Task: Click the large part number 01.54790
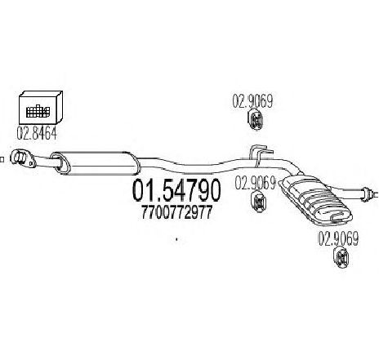pyautogui.click(x=176, y=190)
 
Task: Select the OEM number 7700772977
pyautogui.click(x=176, y=212)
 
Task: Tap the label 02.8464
pyautogui.click(x=37, y=133)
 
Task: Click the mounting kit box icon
pyautogui.click(x=41, y=108)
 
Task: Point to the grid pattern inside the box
pyautogui.click(x=38, y=111)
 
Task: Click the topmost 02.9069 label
pyautogui.click(x=252, y=101)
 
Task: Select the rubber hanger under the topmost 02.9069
pyautogui.click(x=256, y=119)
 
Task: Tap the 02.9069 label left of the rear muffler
pyautogui.click(x=256, y=183)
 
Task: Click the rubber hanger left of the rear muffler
pyautogui.click(x=259, y=202)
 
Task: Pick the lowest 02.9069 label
pyautogui.click(x=338, y=239)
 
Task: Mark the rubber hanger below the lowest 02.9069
pyautogui.click(x=341, y=257)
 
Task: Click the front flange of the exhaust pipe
pyautogui.click(x=22, y=158)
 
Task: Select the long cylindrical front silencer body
pyautogui.click(x=96, y=163)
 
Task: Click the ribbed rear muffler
pyautogui.click(x=315, y=200)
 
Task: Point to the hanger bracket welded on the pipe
pyautogui.click(x=261, y=154)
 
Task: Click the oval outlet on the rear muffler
pyautogui.click(x=337, y=217)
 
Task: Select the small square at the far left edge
pyautogui.click(x=2, y=159)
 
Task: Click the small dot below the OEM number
pyautogui.click(x=176, y=239)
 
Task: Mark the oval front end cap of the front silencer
pyautogui.click(x=60, y=162)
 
